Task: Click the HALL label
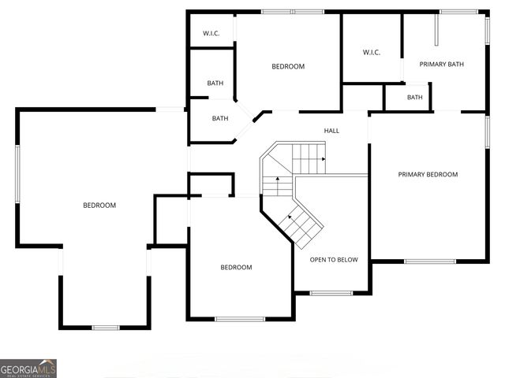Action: (331, 131)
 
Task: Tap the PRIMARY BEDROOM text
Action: (428, 175)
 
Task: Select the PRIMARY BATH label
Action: (441, 65)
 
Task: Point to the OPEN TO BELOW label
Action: (333, 259)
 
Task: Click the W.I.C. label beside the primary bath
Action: (371, 53)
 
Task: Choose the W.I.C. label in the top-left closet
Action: (211, 33)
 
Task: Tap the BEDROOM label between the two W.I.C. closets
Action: (288, 67)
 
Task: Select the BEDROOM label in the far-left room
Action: (99, 206)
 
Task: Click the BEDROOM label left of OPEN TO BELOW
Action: (236, 268)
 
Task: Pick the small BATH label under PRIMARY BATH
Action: (414, 98)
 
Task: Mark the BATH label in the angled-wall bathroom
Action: (220, 119)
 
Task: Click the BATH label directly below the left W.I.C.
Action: (215, 83)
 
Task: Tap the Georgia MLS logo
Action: (28, 369)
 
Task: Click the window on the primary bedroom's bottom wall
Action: (430, 261)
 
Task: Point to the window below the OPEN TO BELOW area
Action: (331, 294)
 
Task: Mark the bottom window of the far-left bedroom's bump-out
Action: (106, 328)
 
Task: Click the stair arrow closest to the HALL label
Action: (323, 159)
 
